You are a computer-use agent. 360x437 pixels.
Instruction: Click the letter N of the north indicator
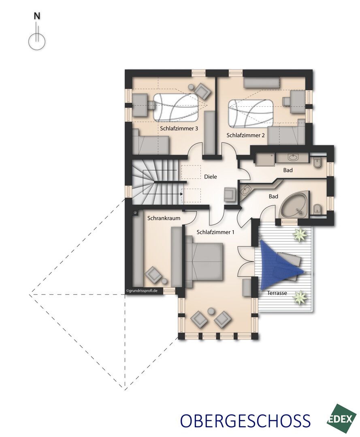37,16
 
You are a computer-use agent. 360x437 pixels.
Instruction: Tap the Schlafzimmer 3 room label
179,129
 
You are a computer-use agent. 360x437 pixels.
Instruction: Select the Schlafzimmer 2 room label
245,135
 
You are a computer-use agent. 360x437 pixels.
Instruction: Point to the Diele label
210,176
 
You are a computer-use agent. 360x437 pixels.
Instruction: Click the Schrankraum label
164,218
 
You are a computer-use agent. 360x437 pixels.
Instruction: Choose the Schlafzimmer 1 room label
215,232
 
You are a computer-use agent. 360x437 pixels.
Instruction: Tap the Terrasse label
277,293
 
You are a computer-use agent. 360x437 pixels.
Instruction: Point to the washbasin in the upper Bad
292,158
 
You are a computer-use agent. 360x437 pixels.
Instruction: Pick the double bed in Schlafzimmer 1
204,261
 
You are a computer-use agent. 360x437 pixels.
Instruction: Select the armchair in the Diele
230,194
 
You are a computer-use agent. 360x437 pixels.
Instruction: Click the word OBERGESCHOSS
245,420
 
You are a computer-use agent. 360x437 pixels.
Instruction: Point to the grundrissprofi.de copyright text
142,291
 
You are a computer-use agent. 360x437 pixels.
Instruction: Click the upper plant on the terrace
300,235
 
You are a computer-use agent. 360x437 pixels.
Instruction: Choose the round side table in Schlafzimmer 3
191,87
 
